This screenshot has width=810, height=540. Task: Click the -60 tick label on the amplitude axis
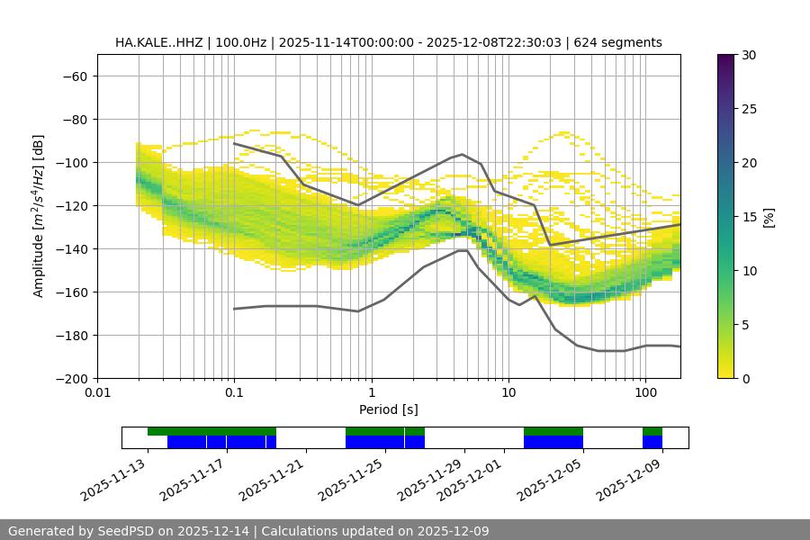click(74, 76)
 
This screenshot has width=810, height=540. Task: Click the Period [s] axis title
click(389, 409)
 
